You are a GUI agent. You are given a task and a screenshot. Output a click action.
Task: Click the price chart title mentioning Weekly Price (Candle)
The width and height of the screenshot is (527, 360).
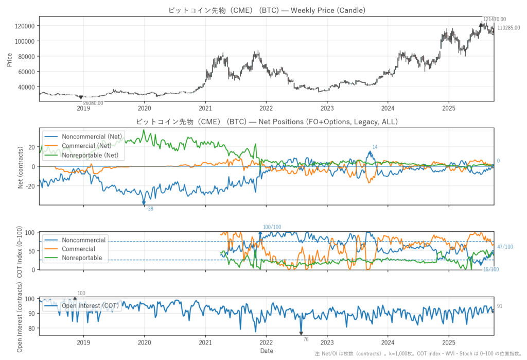(x=266, y=10)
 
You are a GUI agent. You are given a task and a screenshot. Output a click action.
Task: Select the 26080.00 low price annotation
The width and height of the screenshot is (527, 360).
(x=93, y=103)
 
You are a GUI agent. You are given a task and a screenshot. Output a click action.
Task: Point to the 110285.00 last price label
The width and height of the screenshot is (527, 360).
(x=508, y=27)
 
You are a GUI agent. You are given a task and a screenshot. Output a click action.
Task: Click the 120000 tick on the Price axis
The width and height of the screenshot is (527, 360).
(x=24, y=26)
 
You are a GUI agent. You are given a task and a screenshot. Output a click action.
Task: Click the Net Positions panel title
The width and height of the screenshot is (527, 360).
(x=266, y=122)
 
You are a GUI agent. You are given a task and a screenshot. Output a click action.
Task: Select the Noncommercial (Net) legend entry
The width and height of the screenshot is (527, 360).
(x=92, y=137)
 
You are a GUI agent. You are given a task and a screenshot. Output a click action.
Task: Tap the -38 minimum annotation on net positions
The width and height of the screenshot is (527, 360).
(x=149, y=209)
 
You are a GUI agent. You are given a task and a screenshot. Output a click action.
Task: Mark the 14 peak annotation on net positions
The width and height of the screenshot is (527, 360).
(x=375, y=147)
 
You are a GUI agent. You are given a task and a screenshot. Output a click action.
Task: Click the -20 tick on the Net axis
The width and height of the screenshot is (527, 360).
(x=29, y=186)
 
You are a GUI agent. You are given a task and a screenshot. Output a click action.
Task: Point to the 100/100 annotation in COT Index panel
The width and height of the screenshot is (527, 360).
(x=272, y=227)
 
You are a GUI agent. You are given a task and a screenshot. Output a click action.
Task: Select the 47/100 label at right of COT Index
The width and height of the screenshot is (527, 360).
(x=505, y=247)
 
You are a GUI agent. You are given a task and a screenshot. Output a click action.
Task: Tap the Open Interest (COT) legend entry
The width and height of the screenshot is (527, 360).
(x=90, y=306)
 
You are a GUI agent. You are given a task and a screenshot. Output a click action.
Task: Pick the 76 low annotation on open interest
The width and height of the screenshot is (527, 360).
(x=306, y=339)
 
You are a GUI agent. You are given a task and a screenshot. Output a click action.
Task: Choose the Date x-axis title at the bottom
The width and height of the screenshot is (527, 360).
(x=266, y=351)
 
